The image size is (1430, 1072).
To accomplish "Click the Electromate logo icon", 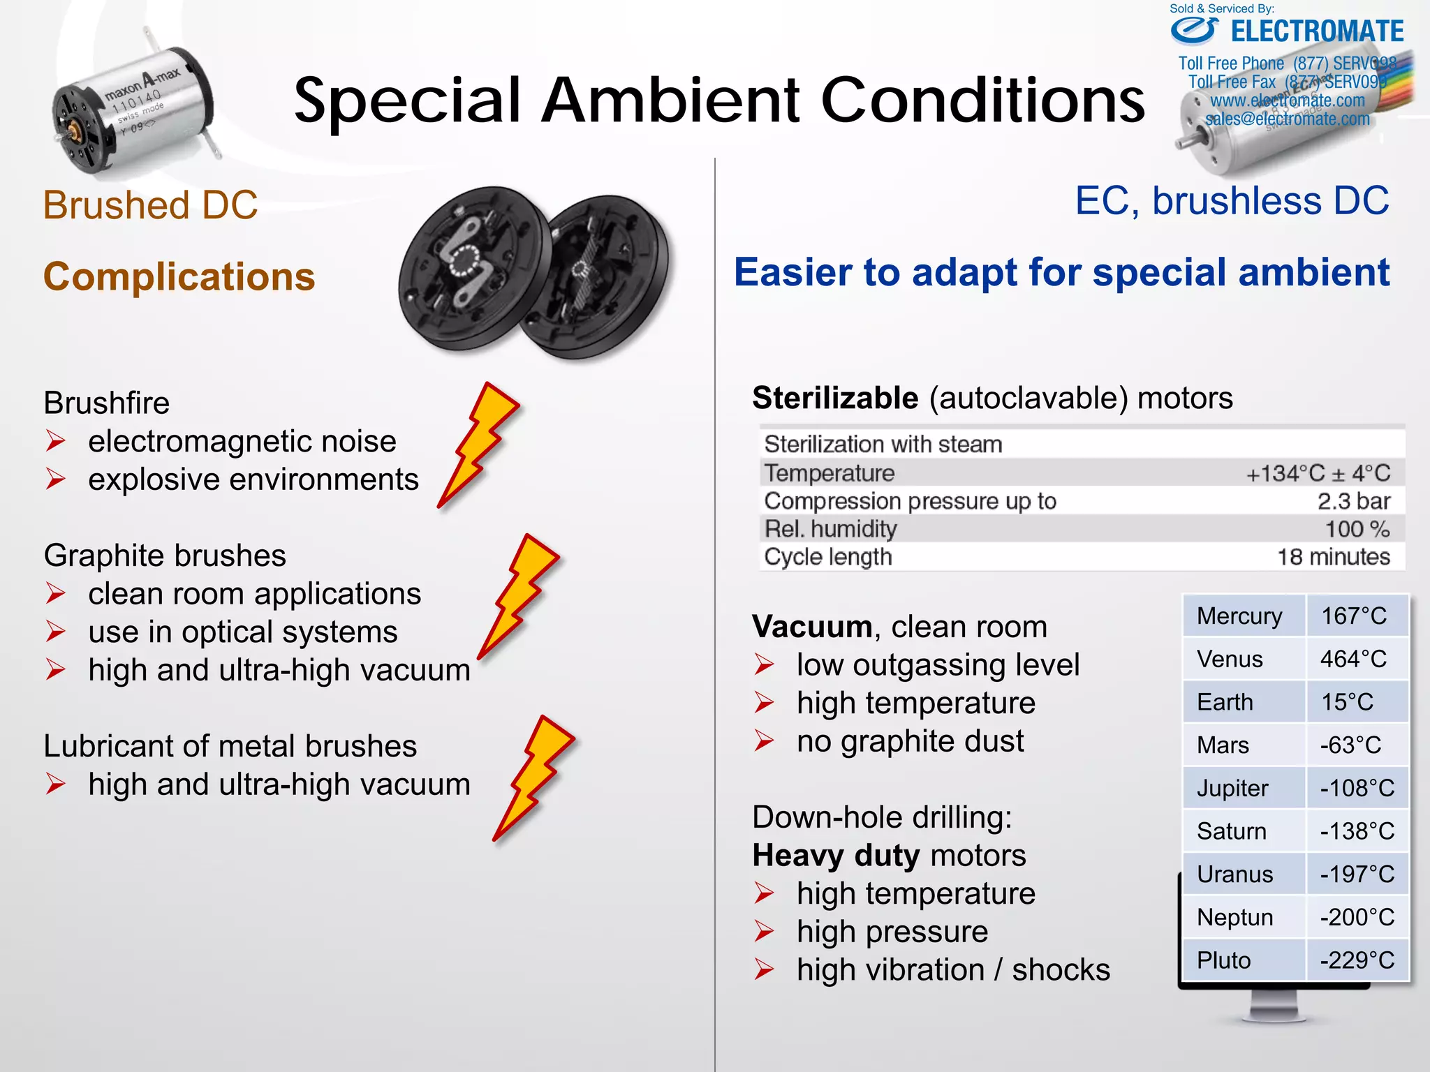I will point(1195,30).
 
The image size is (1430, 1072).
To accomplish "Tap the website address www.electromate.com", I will point(1287,100).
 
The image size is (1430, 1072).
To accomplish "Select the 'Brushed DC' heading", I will point(150,205).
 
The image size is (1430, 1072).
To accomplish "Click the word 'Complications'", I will point(179,276).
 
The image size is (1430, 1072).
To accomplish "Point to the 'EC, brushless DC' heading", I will point(1232,201).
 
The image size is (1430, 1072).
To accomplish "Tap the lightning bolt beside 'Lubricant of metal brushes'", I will point(534,777).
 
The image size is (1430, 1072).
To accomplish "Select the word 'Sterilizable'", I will point(835,398).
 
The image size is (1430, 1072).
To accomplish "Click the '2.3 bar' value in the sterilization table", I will point(1353,501).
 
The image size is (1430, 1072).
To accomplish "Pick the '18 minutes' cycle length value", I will point(1333,557).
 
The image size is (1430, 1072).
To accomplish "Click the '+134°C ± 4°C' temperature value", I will point(1318,473).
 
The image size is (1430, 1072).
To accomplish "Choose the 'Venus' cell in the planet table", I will point(1230,659).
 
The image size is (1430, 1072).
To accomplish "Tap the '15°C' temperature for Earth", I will point(1347,702).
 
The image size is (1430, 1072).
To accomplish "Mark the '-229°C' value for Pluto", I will point(1357,960).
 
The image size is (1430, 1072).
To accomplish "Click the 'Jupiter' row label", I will point(1232,788).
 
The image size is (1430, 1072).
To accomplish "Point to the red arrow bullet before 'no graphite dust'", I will point(764,741).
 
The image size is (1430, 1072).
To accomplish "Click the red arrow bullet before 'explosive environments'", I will point(56,479).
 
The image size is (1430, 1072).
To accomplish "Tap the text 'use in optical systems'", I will point(243,632).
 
